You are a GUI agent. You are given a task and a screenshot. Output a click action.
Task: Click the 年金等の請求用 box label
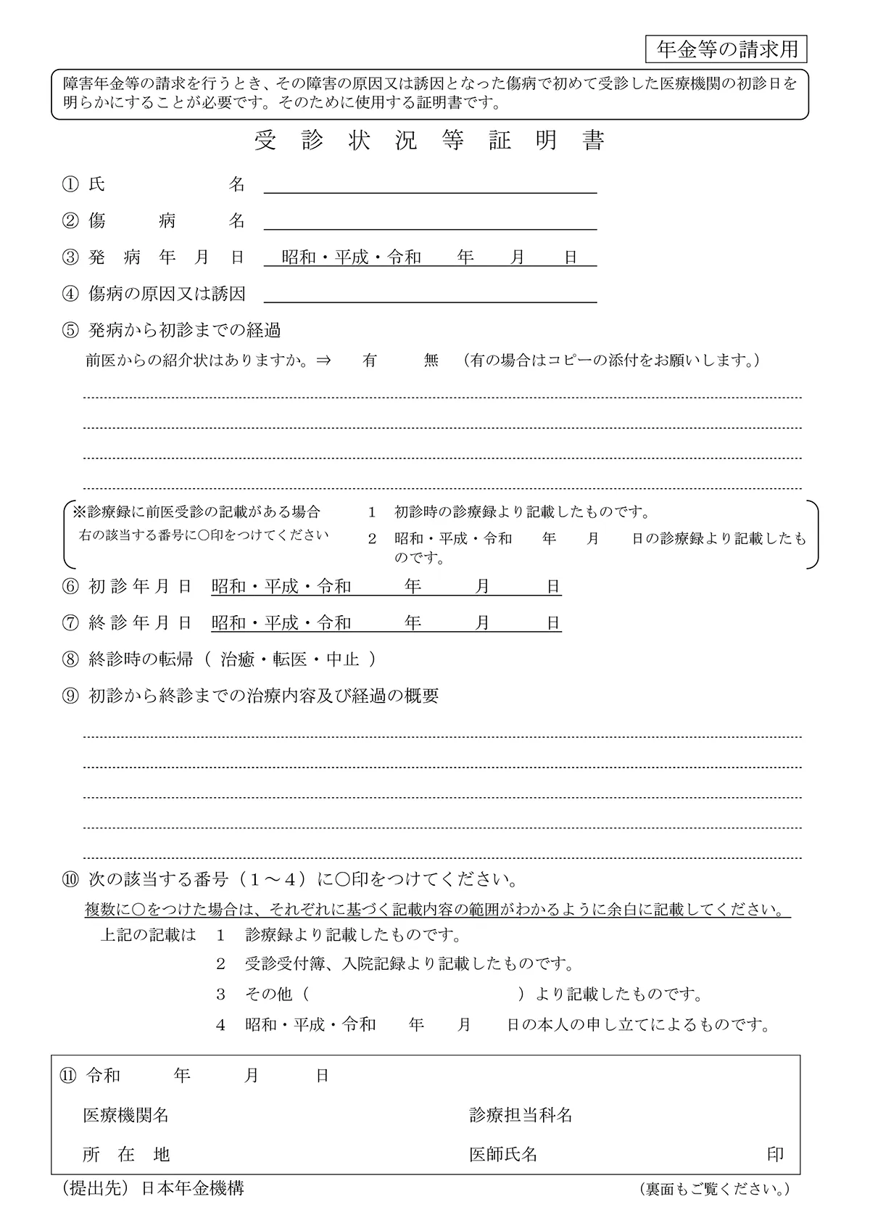pos(726,49)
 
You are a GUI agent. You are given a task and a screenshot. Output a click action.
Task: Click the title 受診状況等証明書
pos(430,141)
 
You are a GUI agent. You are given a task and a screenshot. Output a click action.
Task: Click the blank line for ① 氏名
pos(430,185)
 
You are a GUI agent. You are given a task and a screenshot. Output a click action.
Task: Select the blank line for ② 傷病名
pos(430,221)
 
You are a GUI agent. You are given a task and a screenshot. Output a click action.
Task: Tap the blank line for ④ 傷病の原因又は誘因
pos(430,294)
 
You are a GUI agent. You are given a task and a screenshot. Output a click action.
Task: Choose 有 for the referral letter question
pos(370,361)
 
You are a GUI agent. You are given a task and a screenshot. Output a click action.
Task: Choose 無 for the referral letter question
pos(431,361)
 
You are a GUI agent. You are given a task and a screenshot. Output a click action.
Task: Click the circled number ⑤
pos(70,331)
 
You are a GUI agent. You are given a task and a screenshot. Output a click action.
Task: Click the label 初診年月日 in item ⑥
pos(140,587)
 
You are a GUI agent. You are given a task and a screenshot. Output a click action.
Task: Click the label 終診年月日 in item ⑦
pos(140,623)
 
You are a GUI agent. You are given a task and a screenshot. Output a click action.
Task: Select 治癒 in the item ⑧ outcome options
pos(237,659)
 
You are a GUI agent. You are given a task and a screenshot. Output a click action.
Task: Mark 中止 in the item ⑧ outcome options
pos(343,659)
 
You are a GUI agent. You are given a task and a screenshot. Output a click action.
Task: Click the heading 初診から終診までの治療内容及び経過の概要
pos(263,696)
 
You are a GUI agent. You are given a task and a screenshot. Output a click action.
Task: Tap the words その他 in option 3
pos(268,995)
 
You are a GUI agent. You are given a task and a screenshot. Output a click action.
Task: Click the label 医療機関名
pos(126,1116)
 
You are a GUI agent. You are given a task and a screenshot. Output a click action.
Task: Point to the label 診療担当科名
pos(521,1116)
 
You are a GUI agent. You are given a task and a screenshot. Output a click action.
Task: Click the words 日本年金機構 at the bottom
pos(192,1188)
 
